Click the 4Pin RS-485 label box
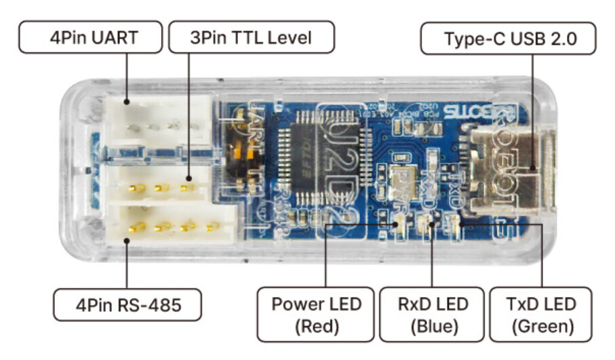click(128, 305)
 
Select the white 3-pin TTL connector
click(160, 183)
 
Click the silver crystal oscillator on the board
click(407, 180)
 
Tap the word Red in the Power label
click(316, 326)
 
